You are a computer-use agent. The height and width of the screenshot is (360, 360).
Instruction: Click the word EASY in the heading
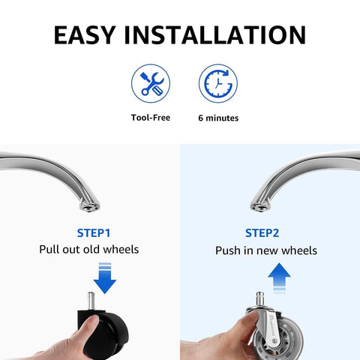[85, 35]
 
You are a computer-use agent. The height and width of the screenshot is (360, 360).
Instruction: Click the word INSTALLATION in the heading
[215, 35]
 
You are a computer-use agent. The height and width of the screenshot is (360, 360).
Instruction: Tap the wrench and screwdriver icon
[151, 83]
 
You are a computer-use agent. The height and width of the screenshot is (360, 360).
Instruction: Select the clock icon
[218, 83]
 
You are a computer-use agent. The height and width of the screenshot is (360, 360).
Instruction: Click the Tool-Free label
[151, 118]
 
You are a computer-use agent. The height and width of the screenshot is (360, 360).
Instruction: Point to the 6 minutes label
[218, 118]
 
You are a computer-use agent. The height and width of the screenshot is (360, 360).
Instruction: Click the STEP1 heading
[94, 233]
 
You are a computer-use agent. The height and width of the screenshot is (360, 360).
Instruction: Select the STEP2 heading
[262, 233]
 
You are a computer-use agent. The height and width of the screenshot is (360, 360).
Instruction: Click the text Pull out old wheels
[89, 250]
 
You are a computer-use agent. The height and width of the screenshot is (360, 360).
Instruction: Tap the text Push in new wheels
[266, 250]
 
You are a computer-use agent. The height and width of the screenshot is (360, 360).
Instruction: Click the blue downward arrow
[105, 278]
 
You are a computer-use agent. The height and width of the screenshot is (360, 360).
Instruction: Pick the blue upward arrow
[279, 277]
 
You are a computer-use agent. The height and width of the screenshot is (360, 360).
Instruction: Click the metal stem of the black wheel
[91, 301]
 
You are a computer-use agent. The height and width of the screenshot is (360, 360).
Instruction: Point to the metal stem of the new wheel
[260, 299]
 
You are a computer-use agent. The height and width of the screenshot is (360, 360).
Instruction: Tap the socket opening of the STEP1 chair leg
[89, 207]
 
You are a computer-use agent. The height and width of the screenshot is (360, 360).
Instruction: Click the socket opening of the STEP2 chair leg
[260, 207]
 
